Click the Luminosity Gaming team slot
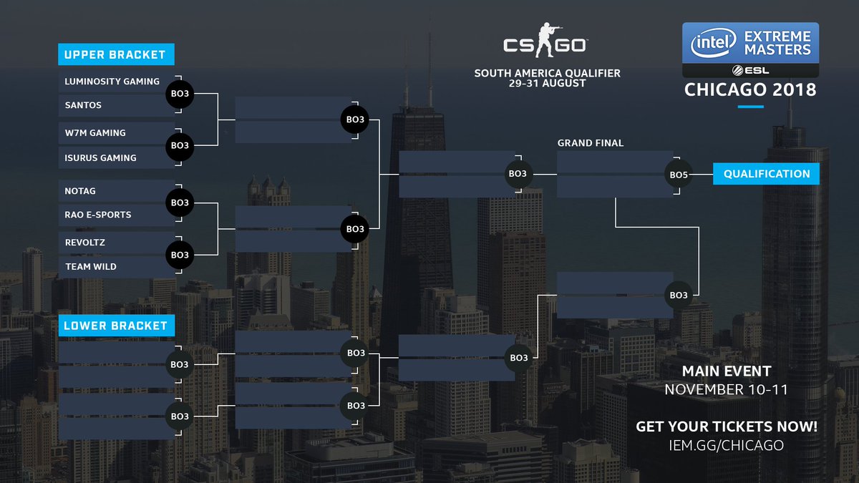coord(112,82)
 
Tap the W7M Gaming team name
coord(95,132)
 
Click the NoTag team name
coord(80,191)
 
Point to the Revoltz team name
coord(85,243)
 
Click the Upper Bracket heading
coord(115,54)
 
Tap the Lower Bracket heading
coord(115,326)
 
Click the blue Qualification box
coord(767,174)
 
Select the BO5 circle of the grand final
coord(678,174)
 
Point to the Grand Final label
coord(591,143)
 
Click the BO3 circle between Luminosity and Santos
coord(180,94)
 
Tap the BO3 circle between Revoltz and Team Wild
coord(180,255)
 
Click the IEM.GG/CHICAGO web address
coord(726,445)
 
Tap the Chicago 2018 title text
coord(750,90)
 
